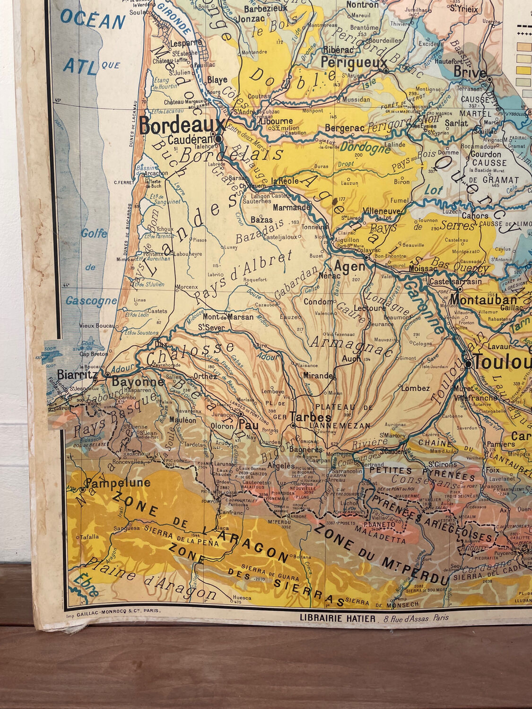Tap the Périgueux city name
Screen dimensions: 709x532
(354, 62)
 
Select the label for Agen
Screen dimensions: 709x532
(350, 266)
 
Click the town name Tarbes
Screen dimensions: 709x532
(310, 417)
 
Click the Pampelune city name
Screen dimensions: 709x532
(118, 483)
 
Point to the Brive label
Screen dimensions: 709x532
(470, 72)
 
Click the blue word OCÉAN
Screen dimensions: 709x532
(93, 21)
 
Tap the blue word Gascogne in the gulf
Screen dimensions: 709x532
(91, 301)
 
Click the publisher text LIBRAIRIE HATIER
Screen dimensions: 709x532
(338, 618)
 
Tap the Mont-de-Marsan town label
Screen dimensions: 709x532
(228, 317)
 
